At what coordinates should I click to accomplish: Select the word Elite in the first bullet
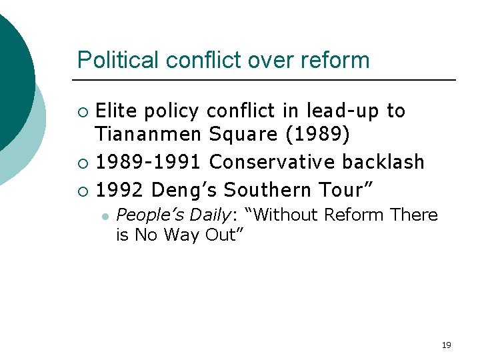click(117, 111)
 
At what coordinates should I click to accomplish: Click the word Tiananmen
click(147, 135)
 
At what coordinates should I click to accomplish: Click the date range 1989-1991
click(148, 162)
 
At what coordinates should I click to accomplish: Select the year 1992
click(119, 190)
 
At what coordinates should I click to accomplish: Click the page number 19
click(446, 345)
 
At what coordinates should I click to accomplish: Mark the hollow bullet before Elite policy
click(83, 111)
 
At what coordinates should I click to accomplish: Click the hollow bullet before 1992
click(83, 191)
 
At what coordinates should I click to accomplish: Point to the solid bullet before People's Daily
click(105, 216)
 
